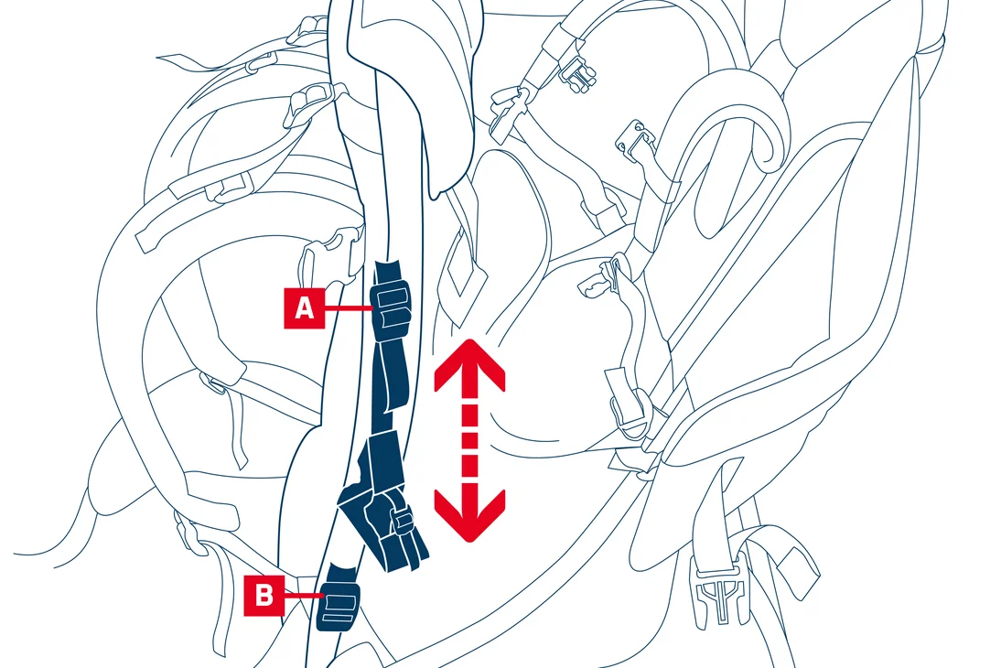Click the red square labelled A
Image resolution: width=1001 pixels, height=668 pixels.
point(305,308)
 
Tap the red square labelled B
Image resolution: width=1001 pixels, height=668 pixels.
point(264,595)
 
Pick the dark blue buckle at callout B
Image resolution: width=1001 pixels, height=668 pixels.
point(339,604)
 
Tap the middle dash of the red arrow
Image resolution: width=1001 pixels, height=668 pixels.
point(470,441)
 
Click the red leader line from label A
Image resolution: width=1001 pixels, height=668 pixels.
point(349,308)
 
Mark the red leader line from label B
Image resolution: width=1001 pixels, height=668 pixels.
point(304,595)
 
